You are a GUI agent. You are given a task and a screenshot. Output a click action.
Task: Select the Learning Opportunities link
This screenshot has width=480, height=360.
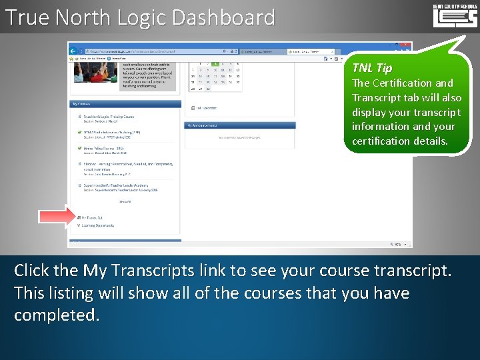coord(99,225)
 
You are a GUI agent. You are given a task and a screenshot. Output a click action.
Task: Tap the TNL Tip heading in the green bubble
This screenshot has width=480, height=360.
coord(372,67)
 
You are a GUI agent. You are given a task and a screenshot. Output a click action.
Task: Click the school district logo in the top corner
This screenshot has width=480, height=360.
coord(455,15)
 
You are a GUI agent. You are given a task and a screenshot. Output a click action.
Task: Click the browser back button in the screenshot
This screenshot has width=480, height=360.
coord(75,49)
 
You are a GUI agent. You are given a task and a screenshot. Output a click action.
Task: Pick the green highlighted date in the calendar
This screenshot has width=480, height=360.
coord(214,63)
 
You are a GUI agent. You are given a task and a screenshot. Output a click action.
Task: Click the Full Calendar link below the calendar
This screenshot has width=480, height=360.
coord(207,107)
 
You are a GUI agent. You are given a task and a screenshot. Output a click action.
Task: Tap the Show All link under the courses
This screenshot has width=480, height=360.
coord(125,201)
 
